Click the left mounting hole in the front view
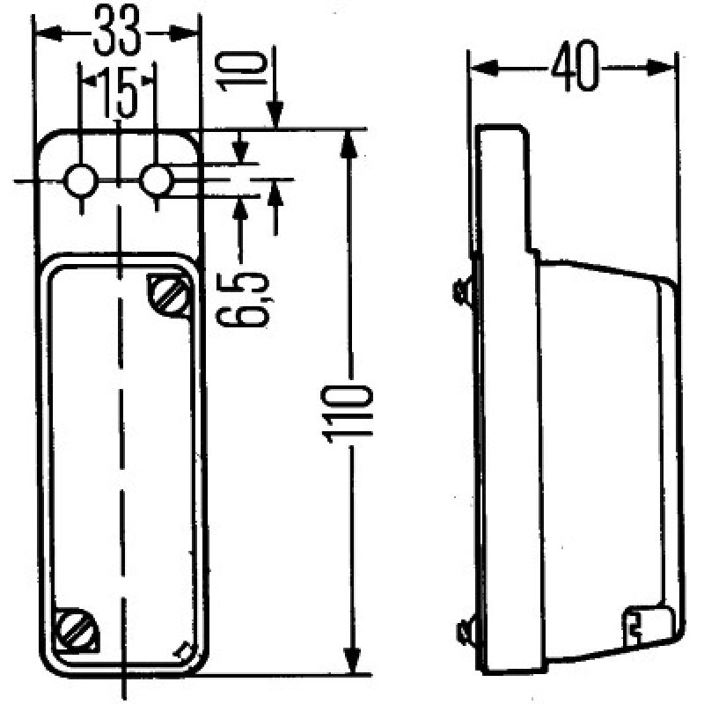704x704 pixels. (82, 181)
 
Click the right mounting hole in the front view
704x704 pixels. (157, 181)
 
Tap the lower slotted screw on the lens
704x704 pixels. (71, 627)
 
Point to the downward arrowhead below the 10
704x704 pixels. (275, 115)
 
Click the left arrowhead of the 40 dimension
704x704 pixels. (480, 69)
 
